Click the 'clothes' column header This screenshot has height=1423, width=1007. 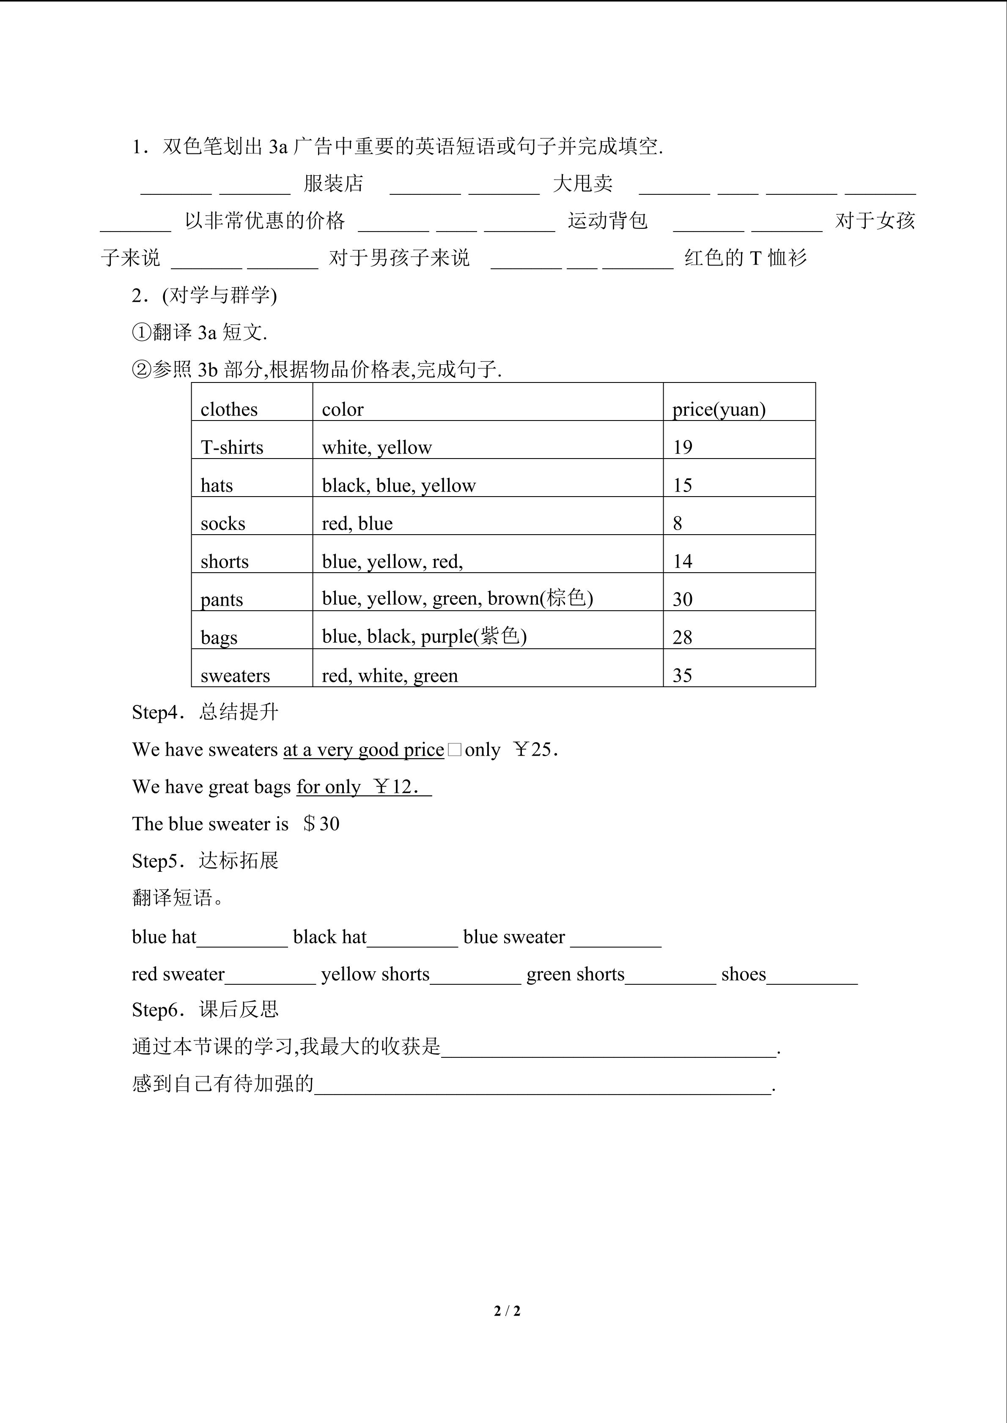(229, 410)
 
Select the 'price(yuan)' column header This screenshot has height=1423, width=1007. (719, 410)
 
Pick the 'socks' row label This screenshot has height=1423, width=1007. (222, 524)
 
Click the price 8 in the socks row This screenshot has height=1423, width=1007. (677, 524)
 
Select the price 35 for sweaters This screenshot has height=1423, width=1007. (682, 675)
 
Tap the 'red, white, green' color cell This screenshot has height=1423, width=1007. (390, 675)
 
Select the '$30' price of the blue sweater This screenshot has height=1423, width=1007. (321, 824)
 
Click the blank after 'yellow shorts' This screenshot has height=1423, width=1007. (476, 975)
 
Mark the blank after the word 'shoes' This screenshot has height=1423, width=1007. (812, 975)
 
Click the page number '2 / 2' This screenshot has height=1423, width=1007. (507, 1311)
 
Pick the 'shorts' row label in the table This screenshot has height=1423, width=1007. (225, 562)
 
